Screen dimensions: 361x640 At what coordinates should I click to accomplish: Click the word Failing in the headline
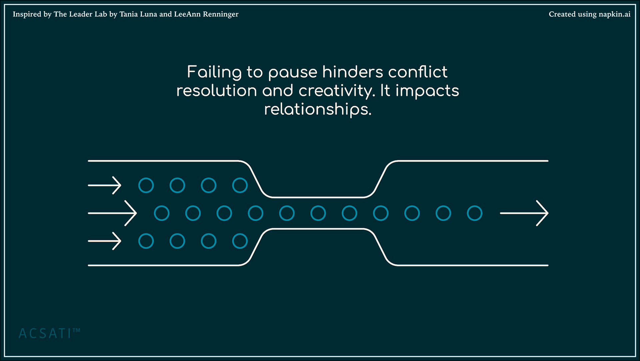[214, 72]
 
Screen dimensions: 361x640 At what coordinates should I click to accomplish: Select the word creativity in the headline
[337, 91]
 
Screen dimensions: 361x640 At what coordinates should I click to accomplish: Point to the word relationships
[318, 109]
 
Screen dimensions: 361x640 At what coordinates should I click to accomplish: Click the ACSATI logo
[49, 333]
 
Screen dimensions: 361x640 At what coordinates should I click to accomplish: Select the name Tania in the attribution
[128, 14]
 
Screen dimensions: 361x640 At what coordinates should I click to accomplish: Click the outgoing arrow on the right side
[524, 213]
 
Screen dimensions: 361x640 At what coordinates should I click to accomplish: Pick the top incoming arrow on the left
[104, 185]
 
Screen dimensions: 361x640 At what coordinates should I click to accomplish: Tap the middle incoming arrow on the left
[112, 213]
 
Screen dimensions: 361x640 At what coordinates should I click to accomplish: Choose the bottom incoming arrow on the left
[104, 241]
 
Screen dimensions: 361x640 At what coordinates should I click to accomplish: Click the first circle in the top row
[146, 185]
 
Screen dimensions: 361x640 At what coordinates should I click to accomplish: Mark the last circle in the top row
[240, 185]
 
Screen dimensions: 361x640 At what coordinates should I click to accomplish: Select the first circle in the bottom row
[146, 241]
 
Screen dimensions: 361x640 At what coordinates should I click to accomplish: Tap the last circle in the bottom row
[240, 241]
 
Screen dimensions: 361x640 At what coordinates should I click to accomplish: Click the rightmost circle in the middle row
[475, 213]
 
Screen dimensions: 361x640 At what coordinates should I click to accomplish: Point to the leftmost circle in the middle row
[162, 213]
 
